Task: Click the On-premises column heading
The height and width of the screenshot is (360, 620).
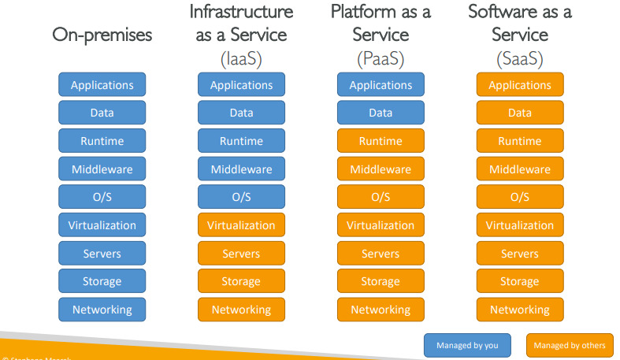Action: coord(102,35)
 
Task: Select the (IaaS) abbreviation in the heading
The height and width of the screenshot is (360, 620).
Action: coord(241,58)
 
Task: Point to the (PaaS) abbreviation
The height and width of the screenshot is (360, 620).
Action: coord(381,58)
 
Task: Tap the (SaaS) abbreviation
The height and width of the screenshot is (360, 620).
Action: coord(520,58)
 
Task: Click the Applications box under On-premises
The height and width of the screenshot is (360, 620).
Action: coord(102,85)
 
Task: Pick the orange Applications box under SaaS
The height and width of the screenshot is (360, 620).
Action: coord(520,85)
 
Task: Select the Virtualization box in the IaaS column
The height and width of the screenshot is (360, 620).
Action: coord(241,225)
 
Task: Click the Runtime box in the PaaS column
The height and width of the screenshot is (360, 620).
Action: coord(381,141)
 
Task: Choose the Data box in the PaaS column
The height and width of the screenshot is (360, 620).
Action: coord(381,113)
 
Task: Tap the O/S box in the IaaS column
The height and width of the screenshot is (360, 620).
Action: coord(241,197)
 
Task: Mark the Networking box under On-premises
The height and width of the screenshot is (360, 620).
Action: coord(102,310)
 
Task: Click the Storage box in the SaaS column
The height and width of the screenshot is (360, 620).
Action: coord(520,281)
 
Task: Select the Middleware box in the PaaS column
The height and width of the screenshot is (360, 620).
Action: coord(381,169)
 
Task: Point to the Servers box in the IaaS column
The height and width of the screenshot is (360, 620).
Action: coord(241,254)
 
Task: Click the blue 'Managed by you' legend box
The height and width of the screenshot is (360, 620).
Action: coord(467,345)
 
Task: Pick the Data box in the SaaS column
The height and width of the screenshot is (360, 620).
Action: coord(520,113)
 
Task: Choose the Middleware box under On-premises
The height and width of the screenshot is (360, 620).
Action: coord(102,169)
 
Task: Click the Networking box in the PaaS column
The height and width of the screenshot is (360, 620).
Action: coord(381,310)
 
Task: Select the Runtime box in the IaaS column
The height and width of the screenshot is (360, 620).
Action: coord(241,141)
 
